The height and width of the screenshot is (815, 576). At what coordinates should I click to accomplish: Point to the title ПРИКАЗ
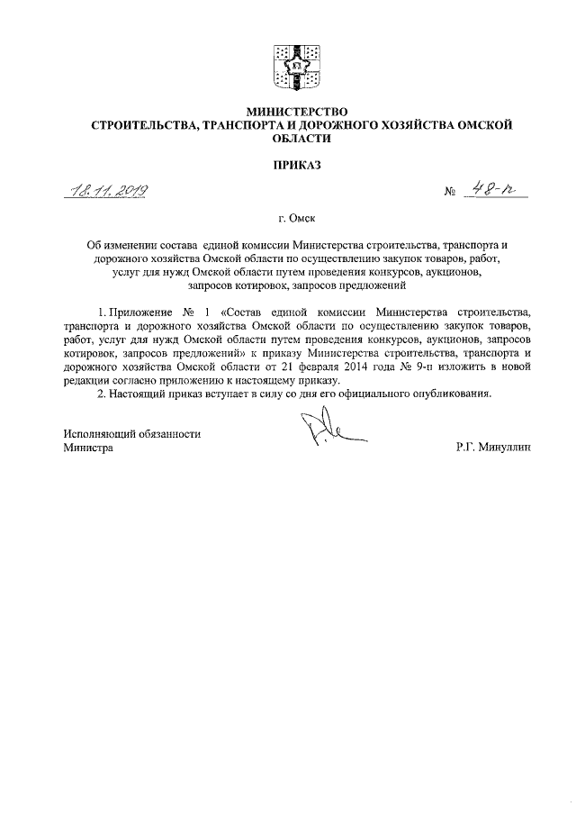288,165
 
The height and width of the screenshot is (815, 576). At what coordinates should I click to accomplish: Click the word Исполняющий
102,432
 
